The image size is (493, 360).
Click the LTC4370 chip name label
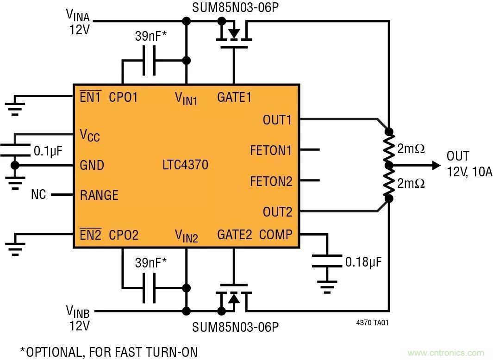point(185,165)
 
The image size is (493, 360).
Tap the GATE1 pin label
point(234,98)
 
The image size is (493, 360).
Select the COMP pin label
point(275,235)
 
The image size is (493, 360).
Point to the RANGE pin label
point(99,195)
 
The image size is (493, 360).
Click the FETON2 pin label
point(271,181)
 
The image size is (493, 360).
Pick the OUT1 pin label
point(277,120)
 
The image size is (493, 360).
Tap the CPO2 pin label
point(123,235)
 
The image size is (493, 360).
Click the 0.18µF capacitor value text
point(363,262)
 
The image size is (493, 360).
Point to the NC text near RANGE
point(38,195)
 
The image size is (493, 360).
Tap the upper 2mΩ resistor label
point(411,149)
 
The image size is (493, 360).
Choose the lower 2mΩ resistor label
point(411,183)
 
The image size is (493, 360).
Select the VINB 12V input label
point(79,317)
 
